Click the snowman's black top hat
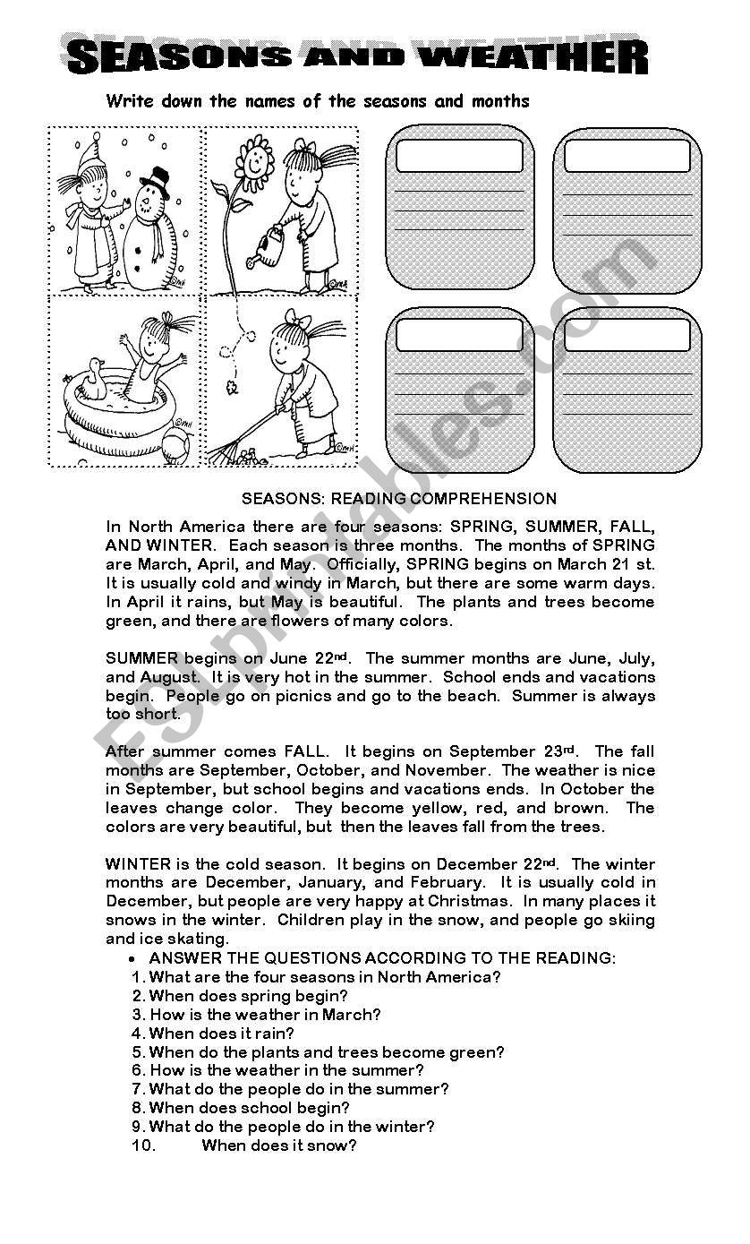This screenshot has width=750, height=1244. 154,183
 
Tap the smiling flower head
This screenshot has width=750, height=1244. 253,162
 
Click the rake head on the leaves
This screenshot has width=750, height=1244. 234,452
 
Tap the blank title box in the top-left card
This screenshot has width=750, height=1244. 459,156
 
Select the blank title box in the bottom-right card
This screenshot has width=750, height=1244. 626,335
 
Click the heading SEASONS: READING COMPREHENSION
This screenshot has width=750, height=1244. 400,499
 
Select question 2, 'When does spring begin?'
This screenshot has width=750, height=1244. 248,996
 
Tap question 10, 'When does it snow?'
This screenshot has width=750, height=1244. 278,1145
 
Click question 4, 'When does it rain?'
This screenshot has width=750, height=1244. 221,1034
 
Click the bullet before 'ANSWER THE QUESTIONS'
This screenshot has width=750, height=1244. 132,958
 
